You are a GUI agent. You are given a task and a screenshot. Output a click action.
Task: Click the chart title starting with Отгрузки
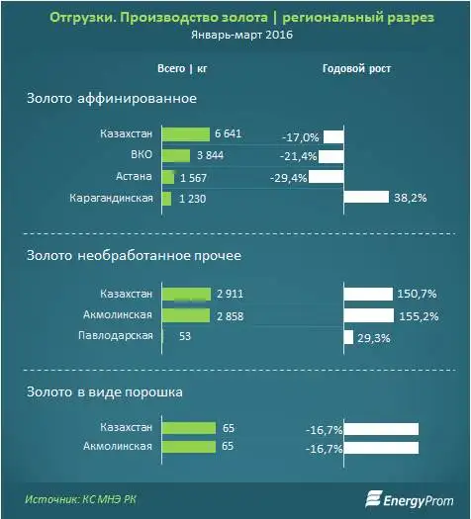coord(235,17)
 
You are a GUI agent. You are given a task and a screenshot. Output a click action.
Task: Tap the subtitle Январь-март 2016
coord(235,35)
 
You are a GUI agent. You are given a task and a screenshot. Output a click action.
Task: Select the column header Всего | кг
coord(181,69)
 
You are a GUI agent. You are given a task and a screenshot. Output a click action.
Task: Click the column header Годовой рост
coord(357,69)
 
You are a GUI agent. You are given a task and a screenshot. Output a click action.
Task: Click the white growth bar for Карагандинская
coord(366,198)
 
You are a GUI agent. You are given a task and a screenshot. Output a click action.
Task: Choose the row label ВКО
coord(141,155)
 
